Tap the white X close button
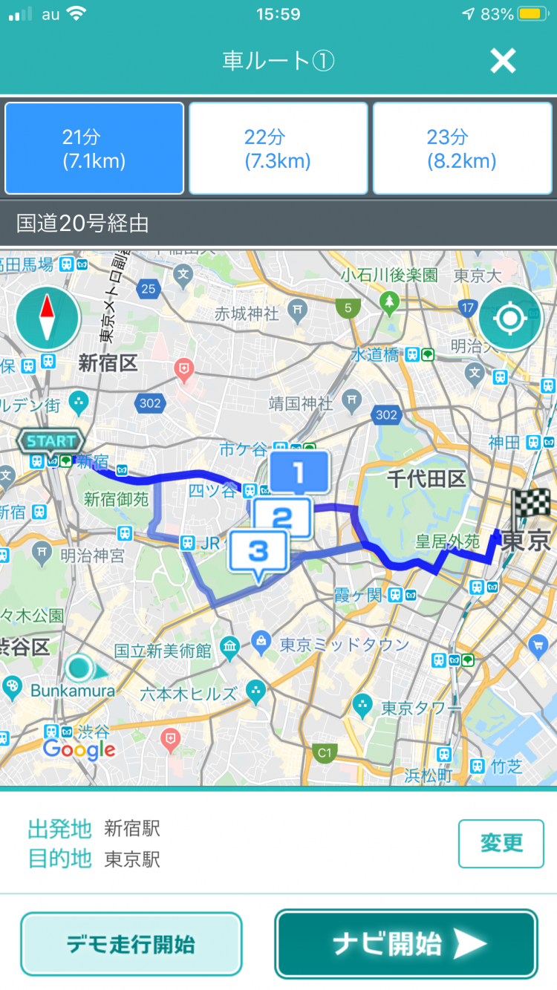(503, 61)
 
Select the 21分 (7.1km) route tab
(94, 149)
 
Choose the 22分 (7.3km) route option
(278, 149)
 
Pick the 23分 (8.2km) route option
(462, 149)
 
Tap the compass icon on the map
(48, 319)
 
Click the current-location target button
(510, 319)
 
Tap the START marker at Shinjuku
(51, 442)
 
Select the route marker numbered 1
(299, 472)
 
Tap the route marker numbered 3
(258, 552)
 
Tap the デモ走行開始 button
(131, 944)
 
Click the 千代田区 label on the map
(426, 479)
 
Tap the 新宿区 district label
(108, 364)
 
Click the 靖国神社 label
(302, 404)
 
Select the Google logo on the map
(79, 750)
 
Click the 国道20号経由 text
(83, 223)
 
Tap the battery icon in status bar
(532, 14)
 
